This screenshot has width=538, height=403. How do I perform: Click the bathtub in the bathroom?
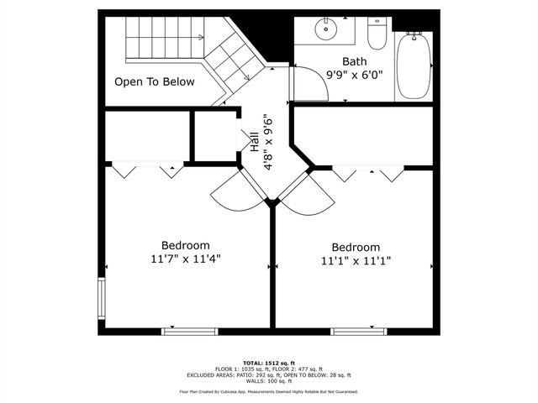(x=413, y=66)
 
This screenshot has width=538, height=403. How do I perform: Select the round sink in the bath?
(x=325, y=29)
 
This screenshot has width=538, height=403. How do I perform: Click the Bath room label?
(x=354, y=61)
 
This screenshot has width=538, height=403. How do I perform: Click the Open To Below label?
(x=155, y=82)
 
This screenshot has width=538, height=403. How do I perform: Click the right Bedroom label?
(x=356, y=247)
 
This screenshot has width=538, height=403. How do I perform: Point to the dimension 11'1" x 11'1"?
(x=356, y=261)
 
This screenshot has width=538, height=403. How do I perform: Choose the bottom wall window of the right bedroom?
(x=358, y=332)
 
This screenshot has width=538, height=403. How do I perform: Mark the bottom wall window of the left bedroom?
(x=189, y=332)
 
